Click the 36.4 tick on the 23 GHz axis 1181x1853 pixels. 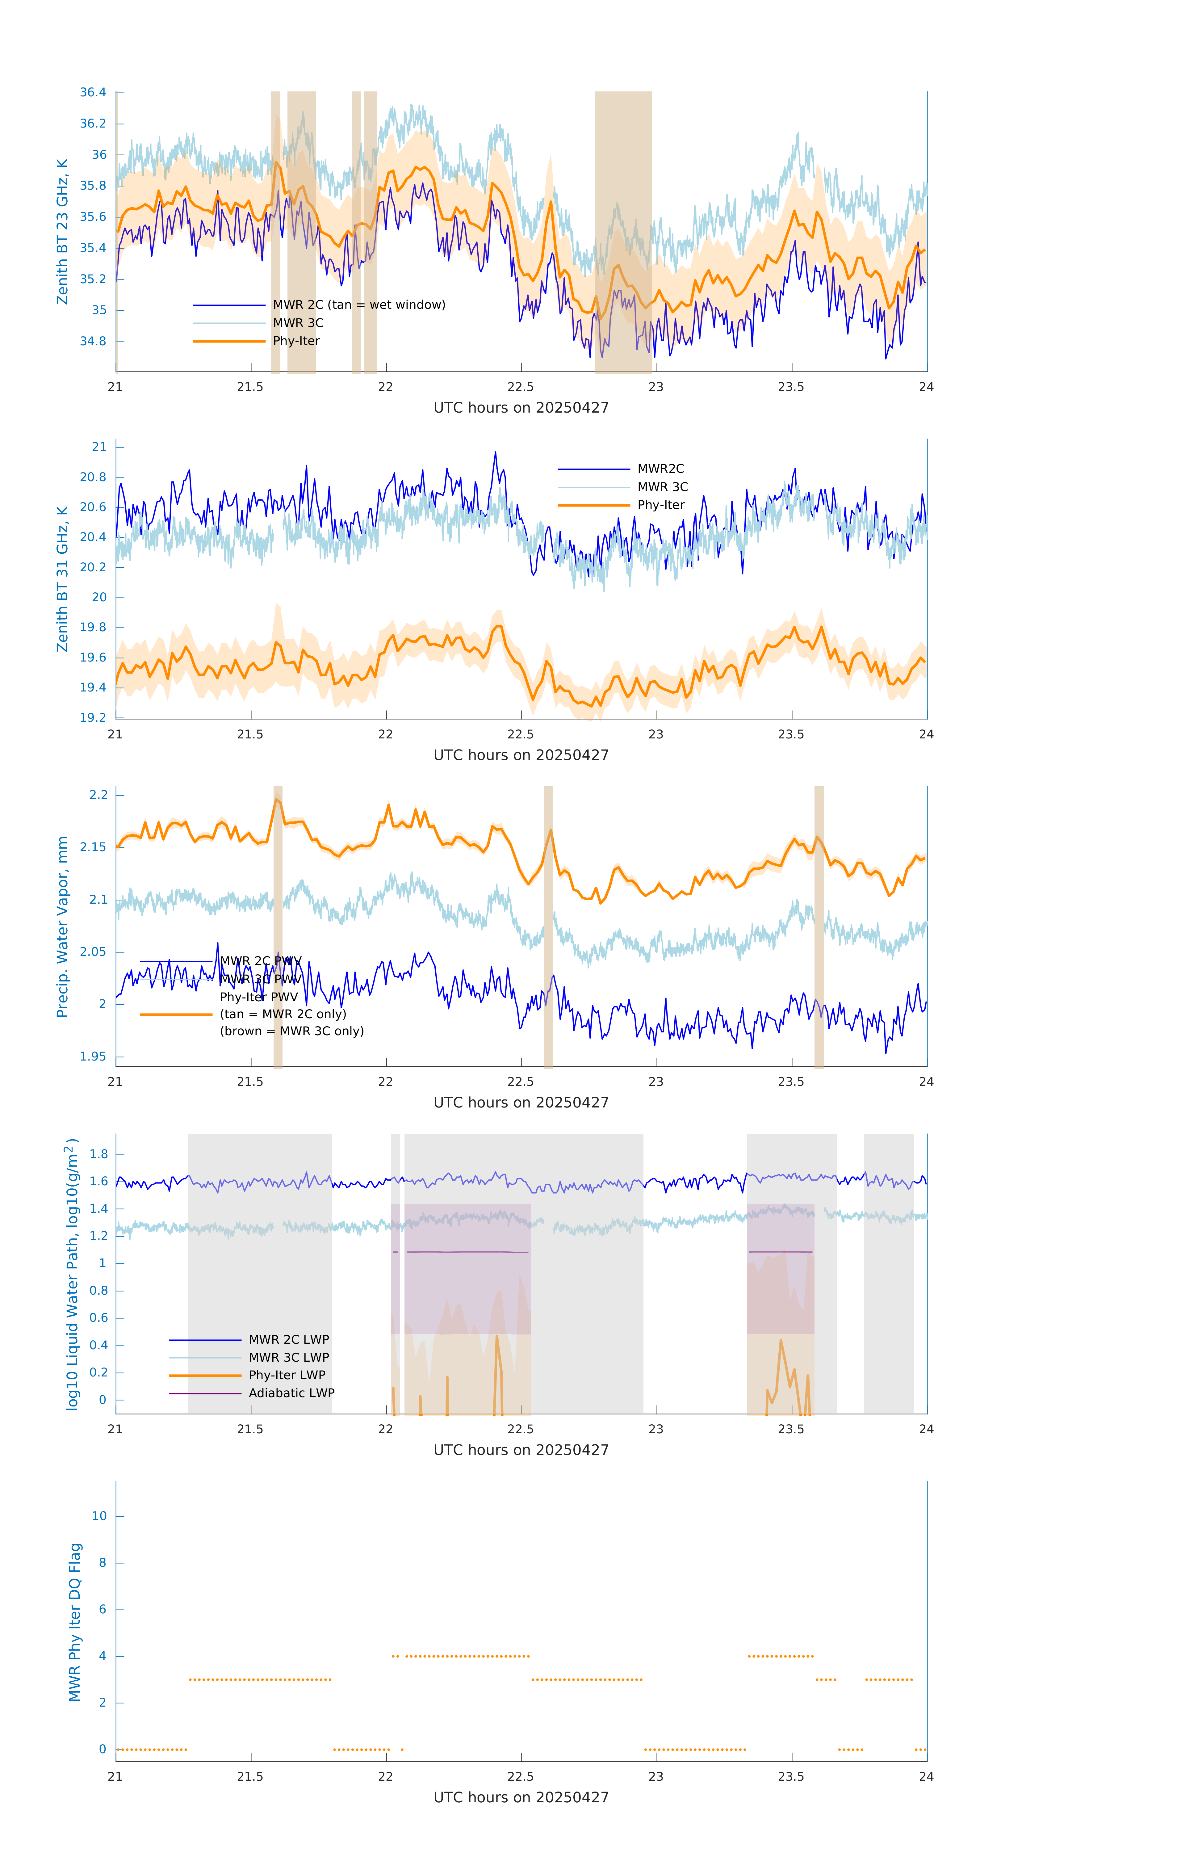93,92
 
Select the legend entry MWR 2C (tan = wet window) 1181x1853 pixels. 358,305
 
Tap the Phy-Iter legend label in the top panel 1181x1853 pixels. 296,341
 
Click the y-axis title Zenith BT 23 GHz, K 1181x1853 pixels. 62,232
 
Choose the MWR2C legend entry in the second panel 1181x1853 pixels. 660,469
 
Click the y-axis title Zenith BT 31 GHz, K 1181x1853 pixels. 62,579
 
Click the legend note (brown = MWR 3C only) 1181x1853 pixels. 291,1031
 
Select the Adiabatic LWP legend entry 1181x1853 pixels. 291,1393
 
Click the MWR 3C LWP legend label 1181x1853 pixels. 288,1357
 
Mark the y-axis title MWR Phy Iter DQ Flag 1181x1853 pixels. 75,1622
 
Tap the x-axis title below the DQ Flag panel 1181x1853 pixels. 521,1798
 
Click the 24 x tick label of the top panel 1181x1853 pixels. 926,387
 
